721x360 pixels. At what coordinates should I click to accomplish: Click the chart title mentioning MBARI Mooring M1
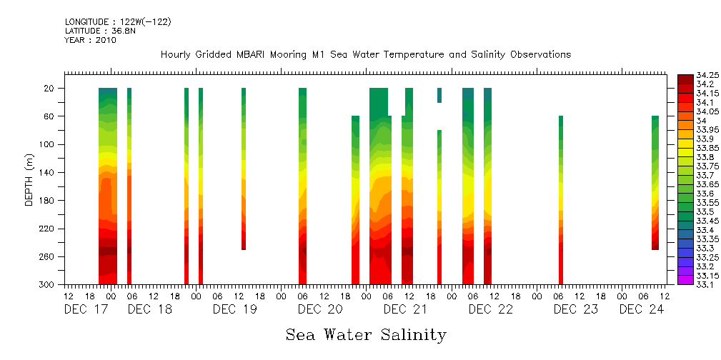tap(365, 55)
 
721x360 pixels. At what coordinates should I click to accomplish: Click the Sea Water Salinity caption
tap(366, 335)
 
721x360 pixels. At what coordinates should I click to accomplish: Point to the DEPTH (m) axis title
tap(29, 179)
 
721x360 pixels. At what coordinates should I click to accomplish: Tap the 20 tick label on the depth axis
tap(50, 88)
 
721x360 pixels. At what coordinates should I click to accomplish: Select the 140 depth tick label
tap(48, 172)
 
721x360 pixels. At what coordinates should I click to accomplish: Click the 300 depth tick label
tap(48, 284)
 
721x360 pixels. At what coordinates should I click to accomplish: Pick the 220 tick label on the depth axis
tap(48, 229)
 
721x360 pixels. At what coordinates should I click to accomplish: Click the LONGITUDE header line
tap(118, 22)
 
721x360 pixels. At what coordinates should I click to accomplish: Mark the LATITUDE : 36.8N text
tap(99, 31)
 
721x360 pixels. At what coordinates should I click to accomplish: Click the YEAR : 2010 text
tap(90, 41)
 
